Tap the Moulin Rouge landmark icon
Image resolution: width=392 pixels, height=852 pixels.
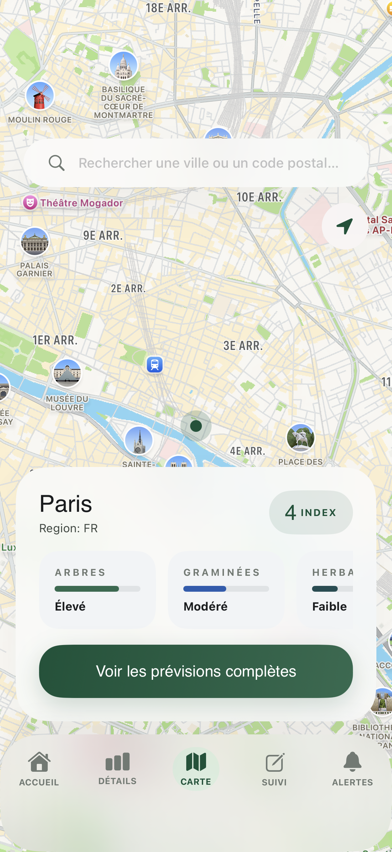40,96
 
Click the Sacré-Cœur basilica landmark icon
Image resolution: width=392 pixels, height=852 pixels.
124,66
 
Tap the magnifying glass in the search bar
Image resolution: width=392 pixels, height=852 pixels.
57,163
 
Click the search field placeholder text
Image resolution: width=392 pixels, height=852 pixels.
208,163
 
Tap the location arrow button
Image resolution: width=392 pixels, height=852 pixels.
344,226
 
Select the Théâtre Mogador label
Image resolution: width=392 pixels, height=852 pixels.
81,203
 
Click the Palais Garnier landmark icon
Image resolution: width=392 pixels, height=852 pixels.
35,241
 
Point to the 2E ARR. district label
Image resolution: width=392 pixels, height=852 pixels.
128,289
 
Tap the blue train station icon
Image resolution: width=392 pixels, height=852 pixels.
154,365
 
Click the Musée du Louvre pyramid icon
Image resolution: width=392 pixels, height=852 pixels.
67,373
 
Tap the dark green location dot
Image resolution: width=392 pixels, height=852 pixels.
196,426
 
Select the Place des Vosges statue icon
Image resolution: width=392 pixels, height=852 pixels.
300,438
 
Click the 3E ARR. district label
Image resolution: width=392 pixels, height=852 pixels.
243,346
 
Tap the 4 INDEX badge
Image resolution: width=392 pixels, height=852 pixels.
311,512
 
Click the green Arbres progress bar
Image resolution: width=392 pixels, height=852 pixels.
87,589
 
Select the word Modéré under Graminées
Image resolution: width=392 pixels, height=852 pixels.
205,606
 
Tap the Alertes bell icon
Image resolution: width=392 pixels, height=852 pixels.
352,762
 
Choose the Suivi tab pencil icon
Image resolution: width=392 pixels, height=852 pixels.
274,762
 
